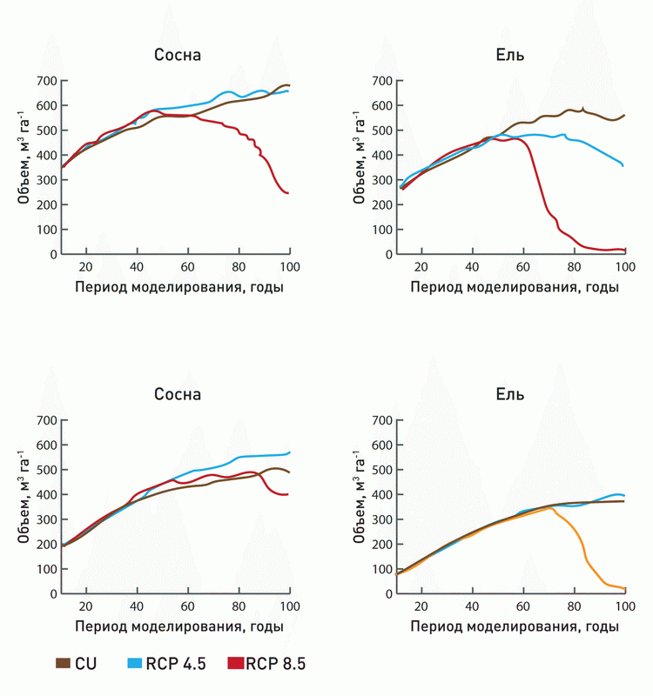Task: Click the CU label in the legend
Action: coord(86,664)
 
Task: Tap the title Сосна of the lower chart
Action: coord(178,394)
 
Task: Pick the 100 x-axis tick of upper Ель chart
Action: coord(623,267)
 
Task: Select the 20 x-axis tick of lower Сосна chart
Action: coord(86,606)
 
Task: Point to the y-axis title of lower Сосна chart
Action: coord(24,505)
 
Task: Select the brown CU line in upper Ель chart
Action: coord(557,115)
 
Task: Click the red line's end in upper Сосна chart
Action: coord(288,193)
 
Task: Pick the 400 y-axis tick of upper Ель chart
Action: coord(381,155)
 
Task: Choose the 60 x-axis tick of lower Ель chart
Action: coord(522,606)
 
